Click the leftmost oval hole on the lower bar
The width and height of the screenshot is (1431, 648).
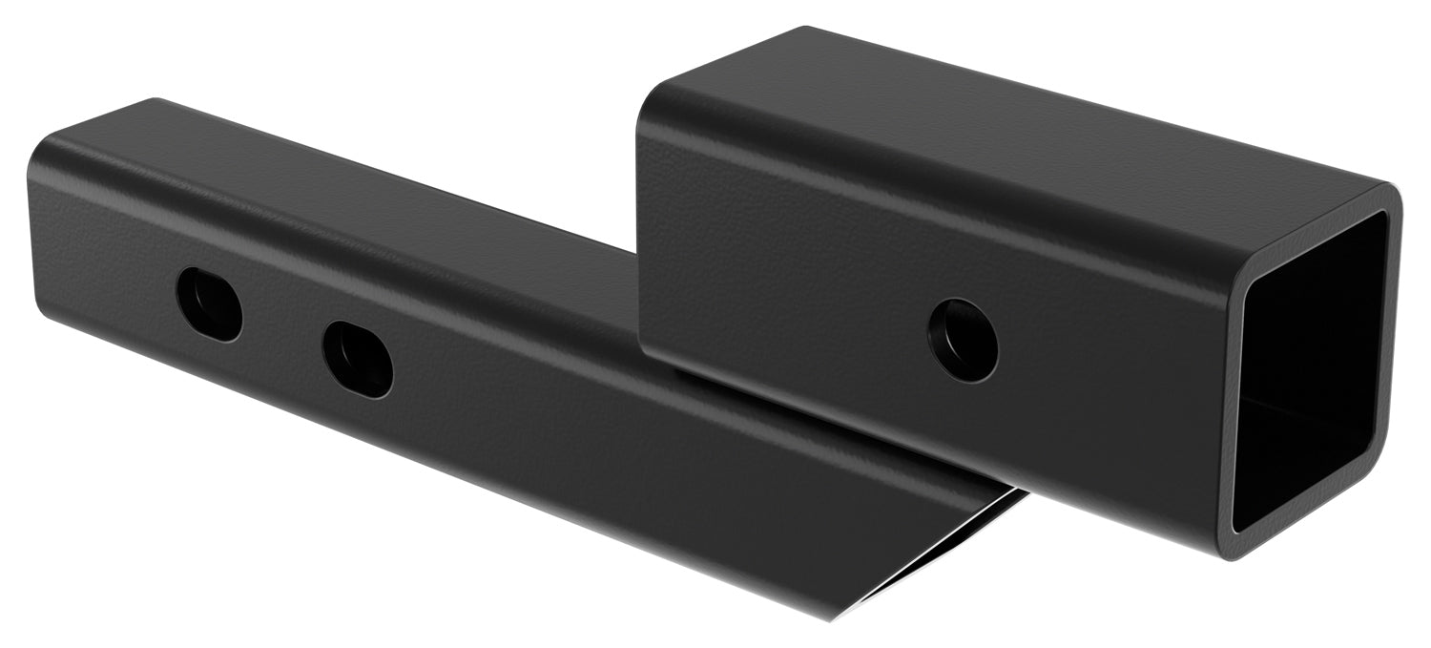coord(209,303)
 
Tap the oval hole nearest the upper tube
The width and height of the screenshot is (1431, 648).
coord(358,359)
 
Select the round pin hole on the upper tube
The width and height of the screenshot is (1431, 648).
coord(964,341)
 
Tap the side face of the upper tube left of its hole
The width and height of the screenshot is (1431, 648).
coord(792,286)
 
